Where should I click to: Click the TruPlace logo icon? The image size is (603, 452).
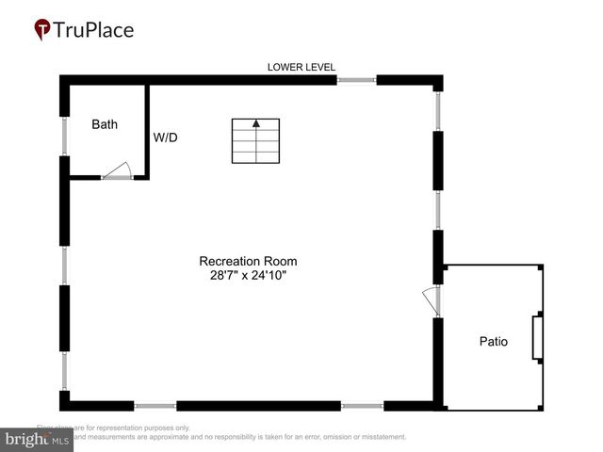point(43,30)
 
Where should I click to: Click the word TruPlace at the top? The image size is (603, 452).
point(93,30)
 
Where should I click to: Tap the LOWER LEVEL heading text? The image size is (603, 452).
point(301,67)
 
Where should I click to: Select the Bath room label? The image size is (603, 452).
point(105,124)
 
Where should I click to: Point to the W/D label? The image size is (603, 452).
point(166,137)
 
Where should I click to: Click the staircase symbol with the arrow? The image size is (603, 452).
point(256,140)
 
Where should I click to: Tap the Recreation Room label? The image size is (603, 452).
point(254,261)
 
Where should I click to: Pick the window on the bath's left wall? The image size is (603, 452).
point(64,137)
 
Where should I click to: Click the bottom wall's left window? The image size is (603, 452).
point(155,406)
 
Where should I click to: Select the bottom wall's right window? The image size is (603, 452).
point(363,406)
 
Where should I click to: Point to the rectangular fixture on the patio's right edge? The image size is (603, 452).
point(538,339)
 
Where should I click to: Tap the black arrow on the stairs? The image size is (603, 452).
point(255,123)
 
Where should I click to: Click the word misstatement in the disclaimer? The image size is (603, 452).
point(381,437)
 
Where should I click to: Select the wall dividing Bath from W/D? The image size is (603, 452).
point(147,130)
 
